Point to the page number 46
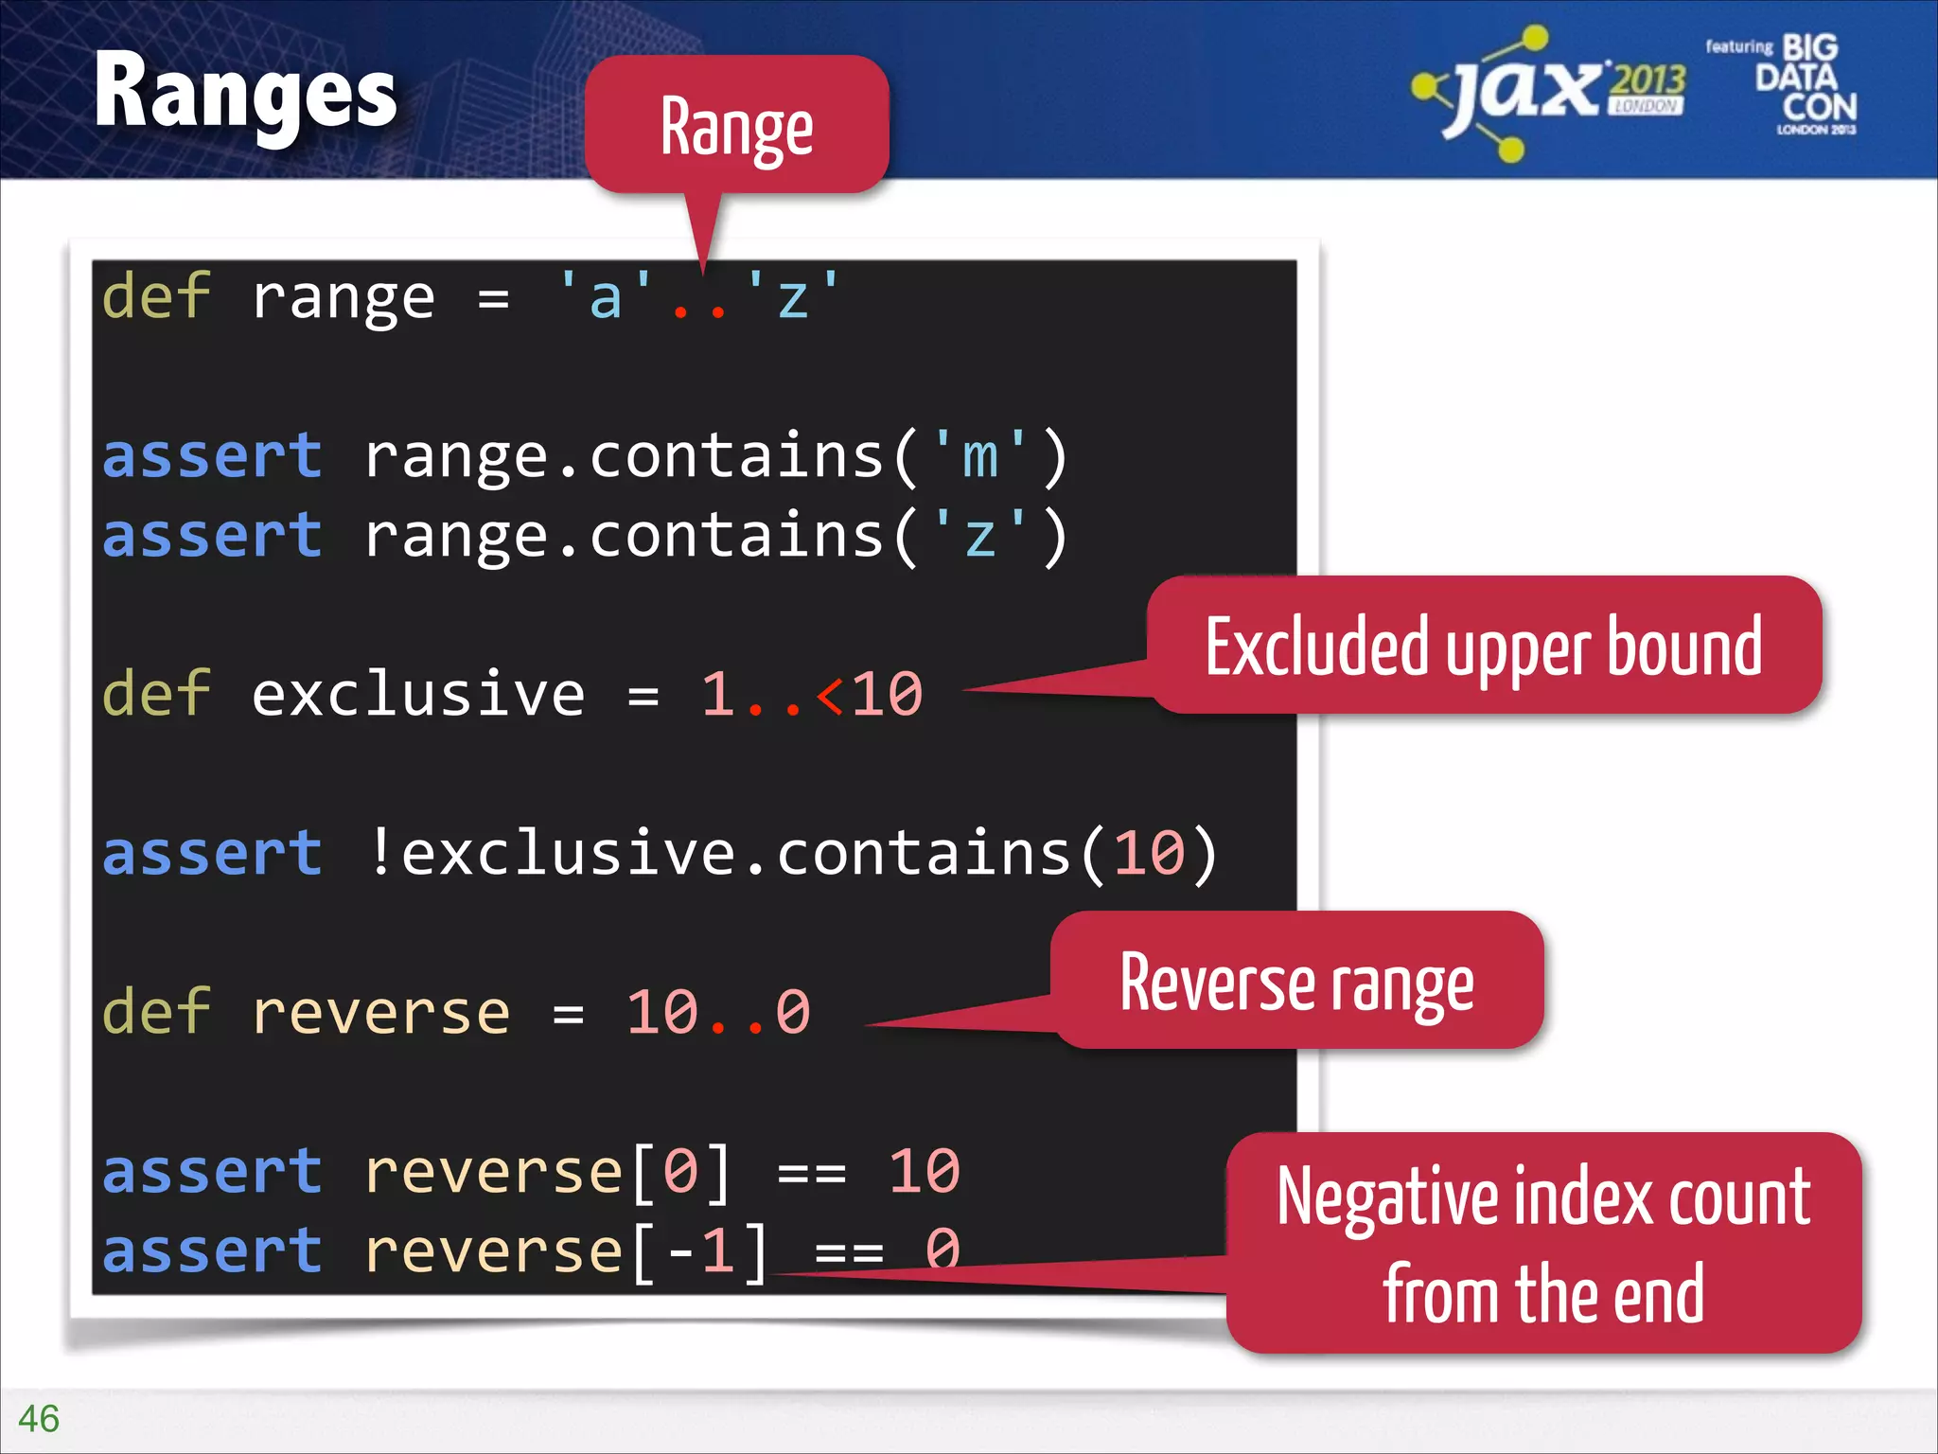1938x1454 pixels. pos(39,1418)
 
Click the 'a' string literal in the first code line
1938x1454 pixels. pos(606,297)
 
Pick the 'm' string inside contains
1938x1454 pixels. pos(979,456)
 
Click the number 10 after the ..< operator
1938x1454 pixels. pos(887,695)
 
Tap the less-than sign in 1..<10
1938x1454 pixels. pos(830,695)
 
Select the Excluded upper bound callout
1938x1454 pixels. pos(1483,646)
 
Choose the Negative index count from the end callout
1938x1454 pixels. pos(1543,1242)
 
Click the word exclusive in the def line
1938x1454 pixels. pos(417,695)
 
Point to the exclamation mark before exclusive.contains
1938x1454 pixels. pos(380,852)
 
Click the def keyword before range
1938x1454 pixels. pos(155,297)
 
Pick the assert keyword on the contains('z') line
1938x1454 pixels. pos(212,536)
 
